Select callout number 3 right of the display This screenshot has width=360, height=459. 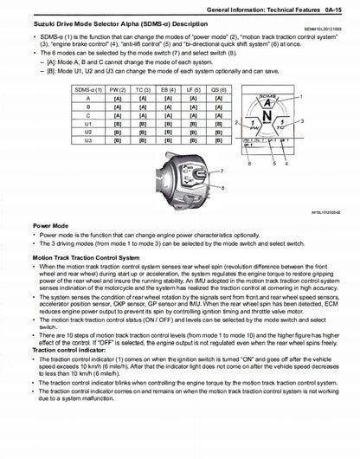pyautogui.click(x=326, y=124)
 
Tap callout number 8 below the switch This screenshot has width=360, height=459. pyautogui.click(x=209, y=188)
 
